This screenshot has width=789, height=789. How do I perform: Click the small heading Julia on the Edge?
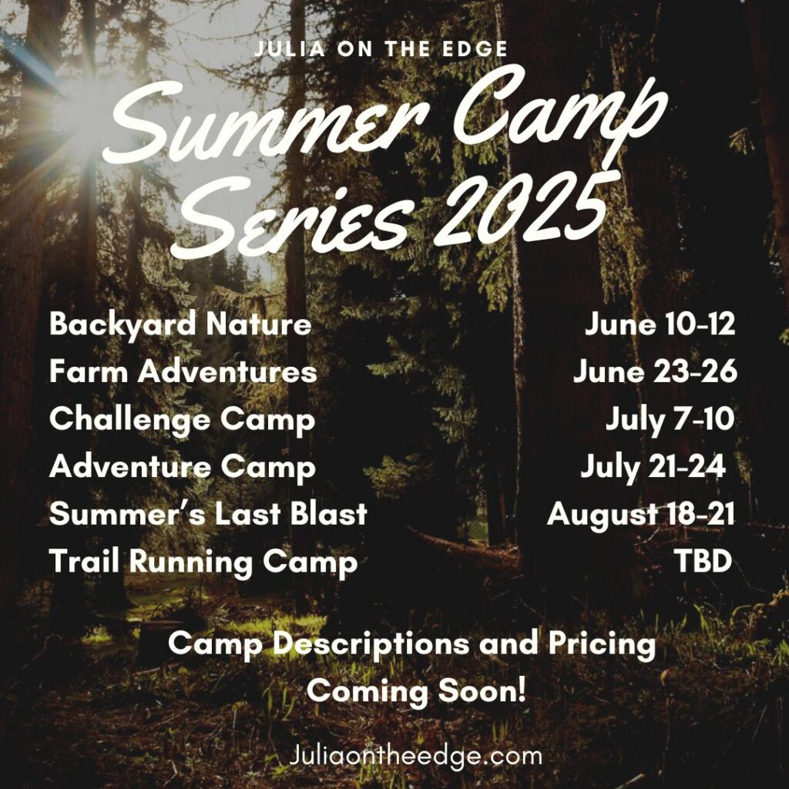click(381, 49)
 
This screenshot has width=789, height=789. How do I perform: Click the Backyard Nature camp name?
click(180, 324)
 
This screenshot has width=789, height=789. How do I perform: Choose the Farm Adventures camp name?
click(183, 372)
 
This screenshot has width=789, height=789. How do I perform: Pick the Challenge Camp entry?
click(182, 420)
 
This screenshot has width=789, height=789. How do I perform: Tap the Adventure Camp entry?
click(182, 467)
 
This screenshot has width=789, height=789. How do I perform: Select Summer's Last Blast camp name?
click(208, 514)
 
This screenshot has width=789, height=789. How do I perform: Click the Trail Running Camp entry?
click(203, 562)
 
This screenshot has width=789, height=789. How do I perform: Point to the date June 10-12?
click(660, 324)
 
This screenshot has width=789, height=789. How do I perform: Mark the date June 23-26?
click(655, 372)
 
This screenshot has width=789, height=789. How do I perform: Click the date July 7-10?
click(670, 420)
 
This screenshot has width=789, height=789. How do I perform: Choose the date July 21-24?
click(653, 467)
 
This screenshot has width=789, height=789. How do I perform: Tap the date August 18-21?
click(641, 514)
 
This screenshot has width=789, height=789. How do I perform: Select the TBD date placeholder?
click(703, 562)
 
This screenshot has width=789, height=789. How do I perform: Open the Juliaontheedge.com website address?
click(416, 755)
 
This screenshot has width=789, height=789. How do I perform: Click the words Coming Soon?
click(416, 690)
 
